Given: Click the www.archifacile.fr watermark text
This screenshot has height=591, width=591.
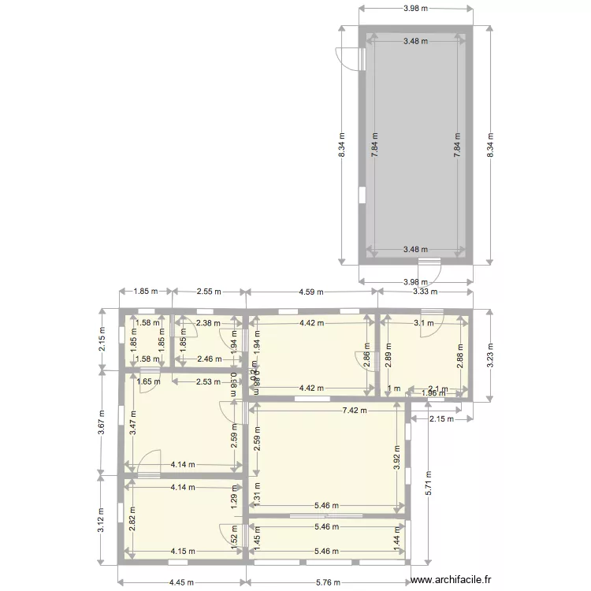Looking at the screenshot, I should point(456,578).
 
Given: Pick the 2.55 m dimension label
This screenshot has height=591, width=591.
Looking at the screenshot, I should point(209,292).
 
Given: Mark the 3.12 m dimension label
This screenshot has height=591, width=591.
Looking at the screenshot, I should point(102,519).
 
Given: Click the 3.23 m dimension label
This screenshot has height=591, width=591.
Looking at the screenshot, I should point(490,355).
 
